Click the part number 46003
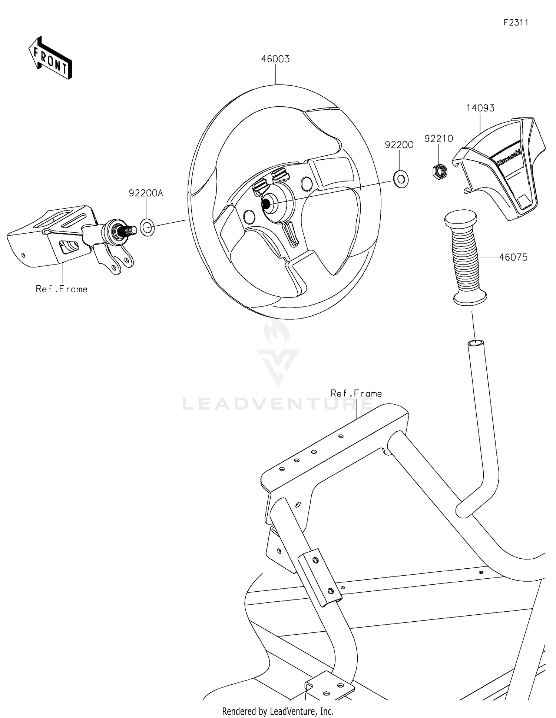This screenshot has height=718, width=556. (x=275, y=59)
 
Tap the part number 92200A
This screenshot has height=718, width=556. (x=146, y=193)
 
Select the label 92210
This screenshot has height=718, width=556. (x=438, y=139)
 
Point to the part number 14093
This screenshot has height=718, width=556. (x=480, y=108)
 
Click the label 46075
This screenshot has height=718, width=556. (x=513, y=257)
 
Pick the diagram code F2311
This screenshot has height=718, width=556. (x=516, y=23)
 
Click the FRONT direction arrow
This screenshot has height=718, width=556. (x=50, y=58)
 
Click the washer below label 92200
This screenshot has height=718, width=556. (x=401, y=179)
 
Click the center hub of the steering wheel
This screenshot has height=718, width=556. (x=267, y=203)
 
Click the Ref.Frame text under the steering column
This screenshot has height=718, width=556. (x=62, y=289)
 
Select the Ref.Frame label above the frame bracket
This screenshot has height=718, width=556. (x=356, y=393)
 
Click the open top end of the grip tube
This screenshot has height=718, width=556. (x=476, y=343)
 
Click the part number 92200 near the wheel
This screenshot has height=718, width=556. (x=399, y=145)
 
